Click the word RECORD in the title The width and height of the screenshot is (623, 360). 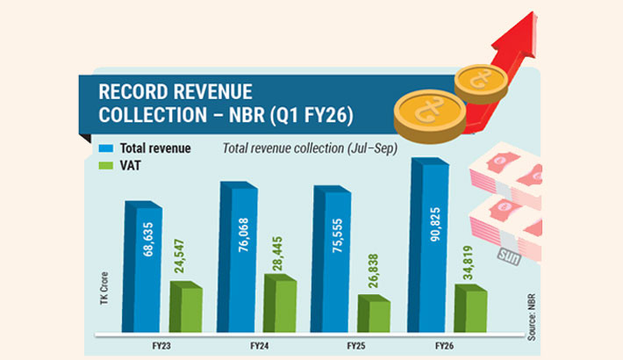(x=131, y=92)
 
